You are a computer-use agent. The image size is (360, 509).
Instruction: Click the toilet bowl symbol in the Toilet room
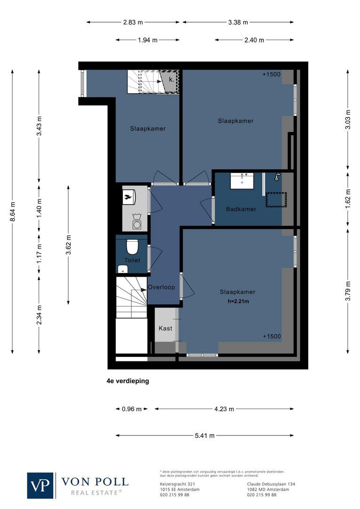click(131, 246)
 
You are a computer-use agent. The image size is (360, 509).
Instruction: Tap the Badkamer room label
click(241, 209)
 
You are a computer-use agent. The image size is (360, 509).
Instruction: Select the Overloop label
click(161, 287)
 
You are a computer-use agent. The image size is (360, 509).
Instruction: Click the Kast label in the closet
click(165, 328)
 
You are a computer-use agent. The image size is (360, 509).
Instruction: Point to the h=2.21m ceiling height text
click(237, 301)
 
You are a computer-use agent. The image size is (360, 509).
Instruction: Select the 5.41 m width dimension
click(205, 435)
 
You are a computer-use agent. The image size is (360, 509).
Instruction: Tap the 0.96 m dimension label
click(131, 409)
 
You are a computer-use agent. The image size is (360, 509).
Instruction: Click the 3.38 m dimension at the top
click(237, 22)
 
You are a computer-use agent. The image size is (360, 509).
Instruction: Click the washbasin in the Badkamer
click(243, 181)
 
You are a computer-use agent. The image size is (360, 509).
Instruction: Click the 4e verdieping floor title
click(128, 381)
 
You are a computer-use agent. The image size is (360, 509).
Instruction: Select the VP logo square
click(40, 485)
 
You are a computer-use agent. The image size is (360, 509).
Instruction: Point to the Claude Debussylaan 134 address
click(271, 484)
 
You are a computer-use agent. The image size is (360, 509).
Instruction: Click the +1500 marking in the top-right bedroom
click(272, 74)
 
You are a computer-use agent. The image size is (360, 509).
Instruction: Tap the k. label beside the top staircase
click(172, 80)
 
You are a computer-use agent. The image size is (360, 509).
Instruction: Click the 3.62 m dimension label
click(68, 245)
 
